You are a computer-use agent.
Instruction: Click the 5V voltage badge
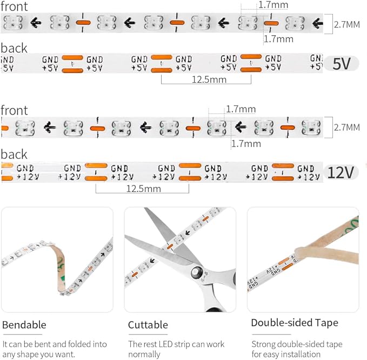tap(342, 63)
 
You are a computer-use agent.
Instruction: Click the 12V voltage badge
tap(341, 172)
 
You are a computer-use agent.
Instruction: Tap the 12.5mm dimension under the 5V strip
tap(209, 79)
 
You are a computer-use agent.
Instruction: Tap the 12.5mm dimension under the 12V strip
tap(143, 189)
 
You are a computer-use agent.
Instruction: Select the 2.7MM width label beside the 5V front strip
tap(347, 24)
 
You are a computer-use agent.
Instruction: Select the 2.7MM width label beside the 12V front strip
tap(347, 128)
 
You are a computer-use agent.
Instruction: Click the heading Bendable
tap(24, 325)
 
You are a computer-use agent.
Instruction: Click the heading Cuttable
tap(148, 325)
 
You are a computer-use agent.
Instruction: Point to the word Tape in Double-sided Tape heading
tap(327, 323)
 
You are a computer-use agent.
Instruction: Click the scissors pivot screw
tap(196, 272)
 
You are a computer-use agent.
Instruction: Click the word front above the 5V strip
tap(14, 6)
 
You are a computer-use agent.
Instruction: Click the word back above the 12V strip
tap(14, 154)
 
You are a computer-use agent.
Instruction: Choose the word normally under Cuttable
tap(144, 355)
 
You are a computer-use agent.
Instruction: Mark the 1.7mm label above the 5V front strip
tap(273, 5)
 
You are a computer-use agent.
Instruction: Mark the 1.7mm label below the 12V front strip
tap(246, 143)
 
